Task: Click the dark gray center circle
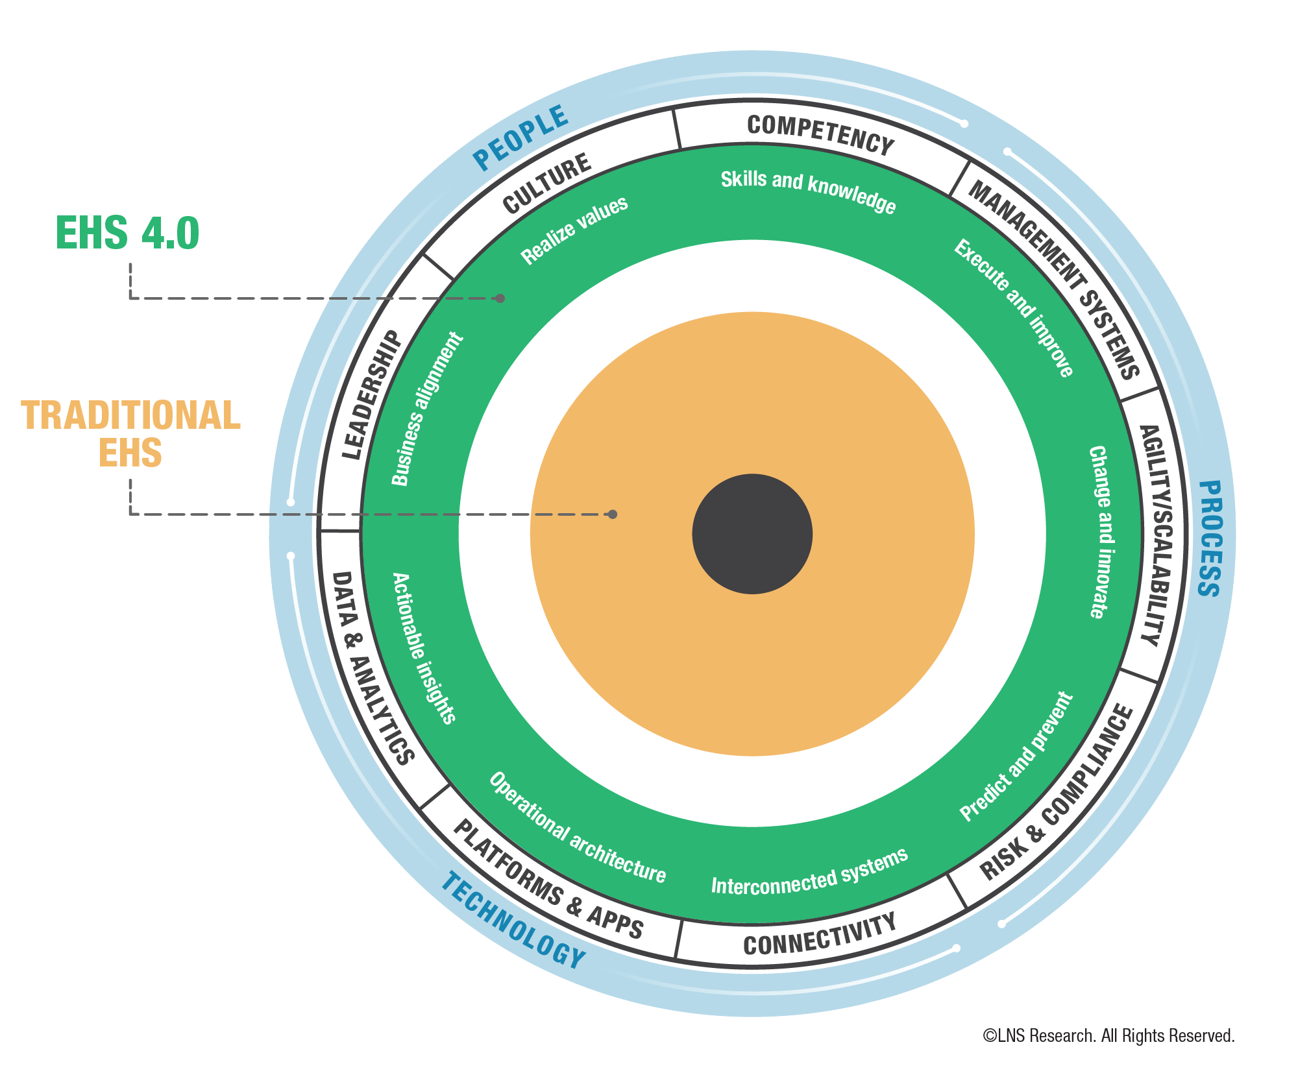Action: coord(752,533)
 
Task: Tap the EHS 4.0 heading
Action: coord(128,233)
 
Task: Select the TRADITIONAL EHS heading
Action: coord(130,433)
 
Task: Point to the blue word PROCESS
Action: coord(1210,538)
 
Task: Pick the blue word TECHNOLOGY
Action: coord(513,921)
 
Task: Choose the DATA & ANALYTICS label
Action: coord(373,668)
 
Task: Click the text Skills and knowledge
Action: coord(808,191)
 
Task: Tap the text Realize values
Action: coord(574,230)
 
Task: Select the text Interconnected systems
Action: coord(809,873)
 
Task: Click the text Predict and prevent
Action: coord(1016,756)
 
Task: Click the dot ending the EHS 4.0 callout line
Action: coord(500,298)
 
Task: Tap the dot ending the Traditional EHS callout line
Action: coord(612,514)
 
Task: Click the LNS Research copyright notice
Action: coord(1108,1036)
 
